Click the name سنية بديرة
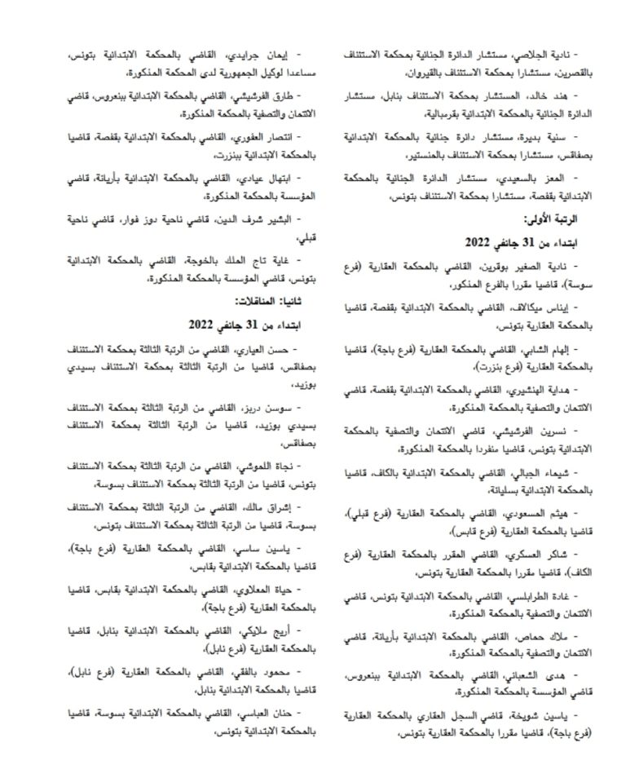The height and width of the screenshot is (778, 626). point(554,137)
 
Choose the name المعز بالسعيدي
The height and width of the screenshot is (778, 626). point(546,178)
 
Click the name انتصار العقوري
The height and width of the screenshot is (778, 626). point(253,137)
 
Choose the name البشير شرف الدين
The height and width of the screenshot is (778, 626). point(249,219)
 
